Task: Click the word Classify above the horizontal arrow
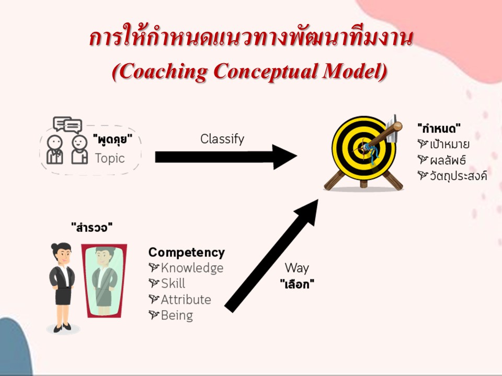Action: click(222, 139)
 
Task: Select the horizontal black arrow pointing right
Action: click(226, 157)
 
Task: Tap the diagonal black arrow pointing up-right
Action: click(271, 255)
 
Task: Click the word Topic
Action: click(109, 158)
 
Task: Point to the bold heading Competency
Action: click(186, 252)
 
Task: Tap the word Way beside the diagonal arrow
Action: click(297, 268)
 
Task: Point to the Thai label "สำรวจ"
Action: click(92, 228)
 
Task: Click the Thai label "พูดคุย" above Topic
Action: click(112, 139)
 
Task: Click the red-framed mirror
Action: click(104, 281)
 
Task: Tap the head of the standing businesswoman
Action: click(62, 252)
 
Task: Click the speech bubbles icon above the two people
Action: click(67, 125)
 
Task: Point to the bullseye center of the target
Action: click(364, 148)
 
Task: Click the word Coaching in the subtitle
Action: click(163, 71)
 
